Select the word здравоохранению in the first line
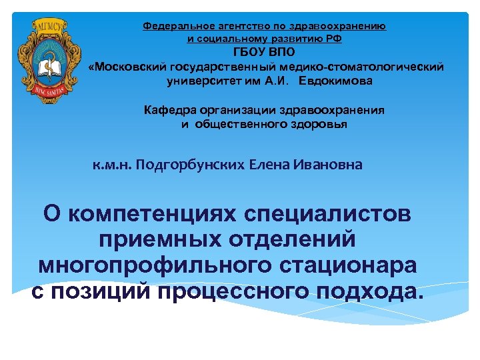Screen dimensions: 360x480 [339, 27]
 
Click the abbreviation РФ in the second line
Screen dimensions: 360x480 [335, 39]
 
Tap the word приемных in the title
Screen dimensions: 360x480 [159, 239]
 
